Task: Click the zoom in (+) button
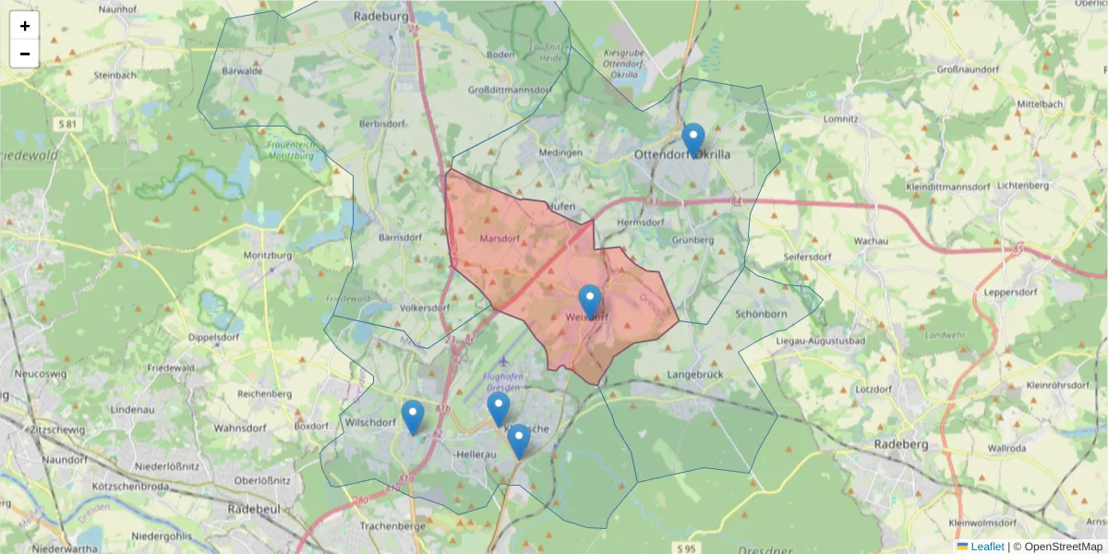pyautogui.click(x=25, y=26)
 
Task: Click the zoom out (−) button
pyautogui.click(x=25, y=54)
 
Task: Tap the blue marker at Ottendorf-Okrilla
pyautogui.click(x=693, y=140)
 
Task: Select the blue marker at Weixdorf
pyautogui.click(x=590, y=302)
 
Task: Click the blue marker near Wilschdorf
pyautogui.click(x=413, y=417)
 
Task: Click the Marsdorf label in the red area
pyautogui.click(x=500, y=238)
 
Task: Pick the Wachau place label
pyautogui.click(x=871, y=241)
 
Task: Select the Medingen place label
pyautogui.click(x=560, y=152)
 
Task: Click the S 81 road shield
pyautogui.click(x=66, y=124)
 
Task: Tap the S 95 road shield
pyautogui.click(x=680, y=548)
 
